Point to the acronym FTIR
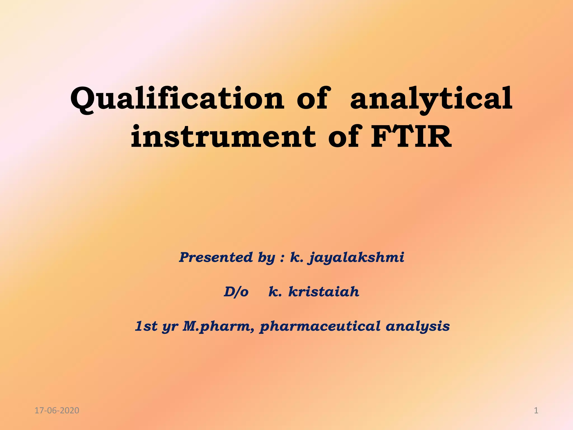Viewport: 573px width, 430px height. [411, 137]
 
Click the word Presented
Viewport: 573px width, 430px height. [216, 257]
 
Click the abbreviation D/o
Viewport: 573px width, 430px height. [236, 292]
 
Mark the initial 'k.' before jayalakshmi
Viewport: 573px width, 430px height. [297, 257]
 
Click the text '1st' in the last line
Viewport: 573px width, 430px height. [146, 326]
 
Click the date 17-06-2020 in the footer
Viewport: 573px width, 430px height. [57, 411]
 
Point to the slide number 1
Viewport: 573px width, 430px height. [536, 411]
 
